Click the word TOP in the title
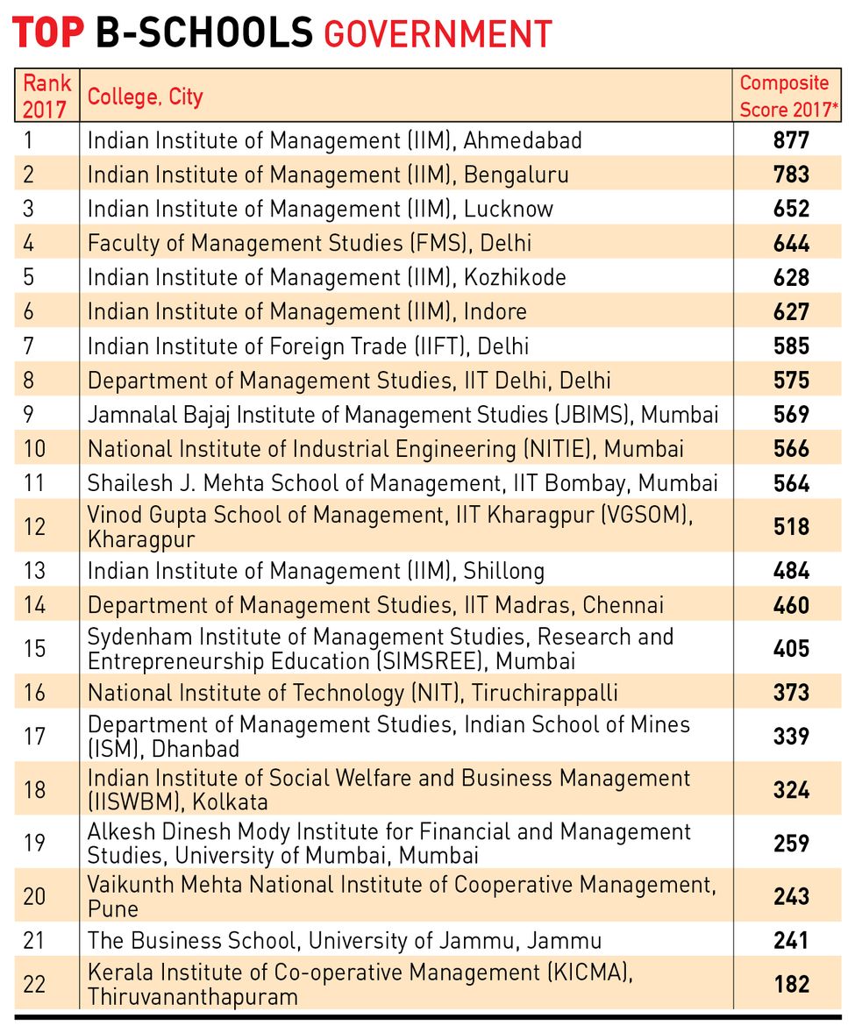click(x=48, y=32)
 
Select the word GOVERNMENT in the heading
click(x=438, y=34)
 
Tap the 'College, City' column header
click(x=146, y=96)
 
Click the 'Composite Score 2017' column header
click(x=788, y=96)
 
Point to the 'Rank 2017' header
click(x=46, y=96)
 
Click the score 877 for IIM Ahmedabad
click(x=791, y=140)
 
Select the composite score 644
click(x=791, y=244)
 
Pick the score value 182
click(x=791, y=984)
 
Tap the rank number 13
click(x=34, y=571)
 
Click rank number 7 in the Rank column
click(x=28, y=346)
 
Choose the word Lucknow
click(x=509, y=209)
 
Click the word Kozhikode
click(x=515, y=277)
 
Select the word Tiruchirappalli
click(x=545, y=693)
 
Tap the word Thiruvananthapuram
click(x=192, y=997)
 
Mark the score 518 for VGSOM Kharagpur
click(x=791, y=527)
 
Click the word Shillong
click(x=503, y=571)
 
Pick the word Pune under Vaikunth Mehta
click(x=112, y=909)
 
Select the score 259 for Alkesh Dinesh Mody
click(x=791, y=843)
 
